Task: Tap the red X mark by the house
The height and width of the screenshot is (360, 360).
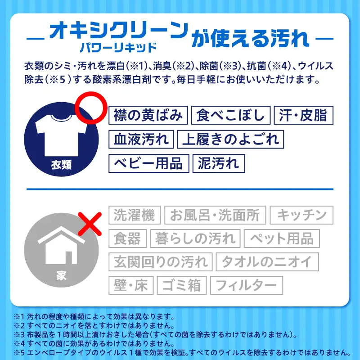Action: click(x=90, y=224)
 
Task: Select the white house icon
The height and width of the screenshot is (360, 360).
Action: click(x=61, y=245)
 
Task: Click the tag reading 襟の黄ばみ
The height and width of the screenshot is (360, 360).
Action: click(x=148, y=115)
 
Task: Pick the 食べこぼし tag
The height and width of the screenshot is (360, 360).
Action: click(x=231, y=115)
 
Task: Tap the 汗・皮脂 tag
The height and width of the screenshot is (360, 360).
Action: click(x=303, y=115)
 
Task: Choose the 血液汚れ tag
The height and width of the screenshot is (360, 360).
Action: click(x=141, y=139)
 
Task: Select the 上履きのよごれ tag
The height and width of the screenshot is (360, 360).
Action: click(x=230, y=139)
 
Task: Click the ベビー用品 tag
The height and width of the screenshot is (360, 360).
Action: click(x=149, y=163)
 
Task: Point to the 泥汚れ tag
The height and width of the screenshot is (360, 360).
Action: click(x=219, y=163)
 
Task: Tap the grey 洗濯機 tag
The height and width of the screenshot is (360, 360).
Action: click(x=135, y=215)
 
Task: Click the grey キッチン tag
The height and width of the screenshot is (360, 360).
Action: click(x=301, y=215)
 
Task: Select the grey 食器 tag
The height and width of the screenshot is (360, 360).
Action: click(x=128, y=238)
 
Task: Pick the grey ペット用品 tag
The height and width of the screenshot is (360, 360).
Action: click(x=282, y=238)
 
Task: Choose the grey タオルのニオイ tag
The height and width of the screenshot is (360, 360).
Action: click(x=267, y=262)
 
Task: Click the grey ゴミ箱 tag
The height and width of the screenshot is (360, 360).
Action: click(x=182, y=285)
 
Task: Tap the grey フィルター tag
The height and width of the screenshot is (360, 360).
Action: click(x=247, y=285)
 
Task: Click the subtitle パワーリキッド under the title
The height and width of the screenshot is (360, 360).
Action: click(x=118, y=48)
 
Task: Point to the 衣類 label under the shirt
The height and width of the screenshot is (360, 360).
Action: click(x=61, y=165)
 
